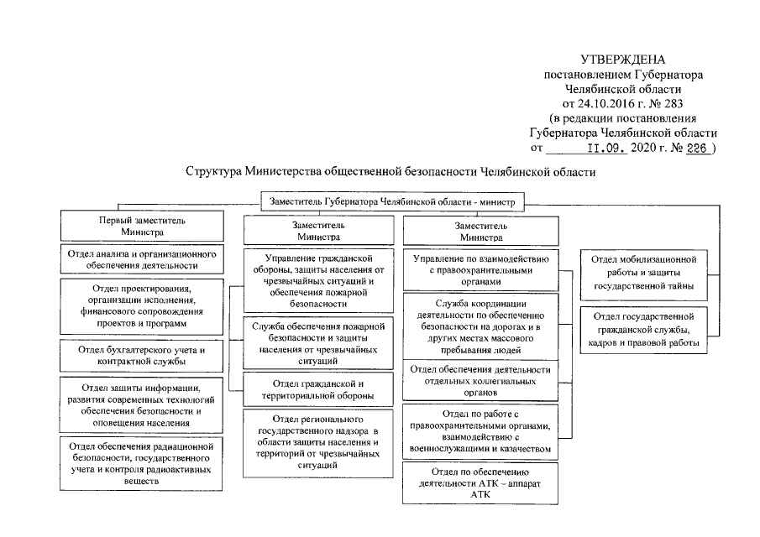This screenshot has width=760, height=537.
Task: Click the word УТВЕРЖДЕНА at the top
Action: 622,60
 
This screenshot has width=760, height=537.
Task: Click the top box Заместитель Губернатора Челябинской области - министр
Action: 393,201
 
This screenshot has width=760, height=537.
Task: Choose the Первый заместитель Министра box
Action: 142,226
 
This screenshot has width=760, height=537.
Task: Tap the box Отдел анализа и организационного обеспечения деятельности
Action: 142,258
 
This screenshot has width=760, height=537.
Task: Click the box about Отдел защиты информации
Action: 142,405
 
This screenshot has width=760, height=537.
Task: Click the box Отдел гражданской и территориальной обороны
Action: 318,389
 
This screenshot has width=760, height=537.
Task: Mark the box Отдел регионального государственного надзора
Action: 318,441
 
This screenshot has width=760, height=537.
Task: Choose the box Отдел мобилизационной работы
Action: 643,274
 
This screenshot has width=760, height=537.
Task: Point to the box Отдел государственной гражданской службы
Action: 643,329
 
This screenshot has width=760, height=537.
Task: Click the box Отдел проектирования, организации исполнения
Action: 142,305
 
